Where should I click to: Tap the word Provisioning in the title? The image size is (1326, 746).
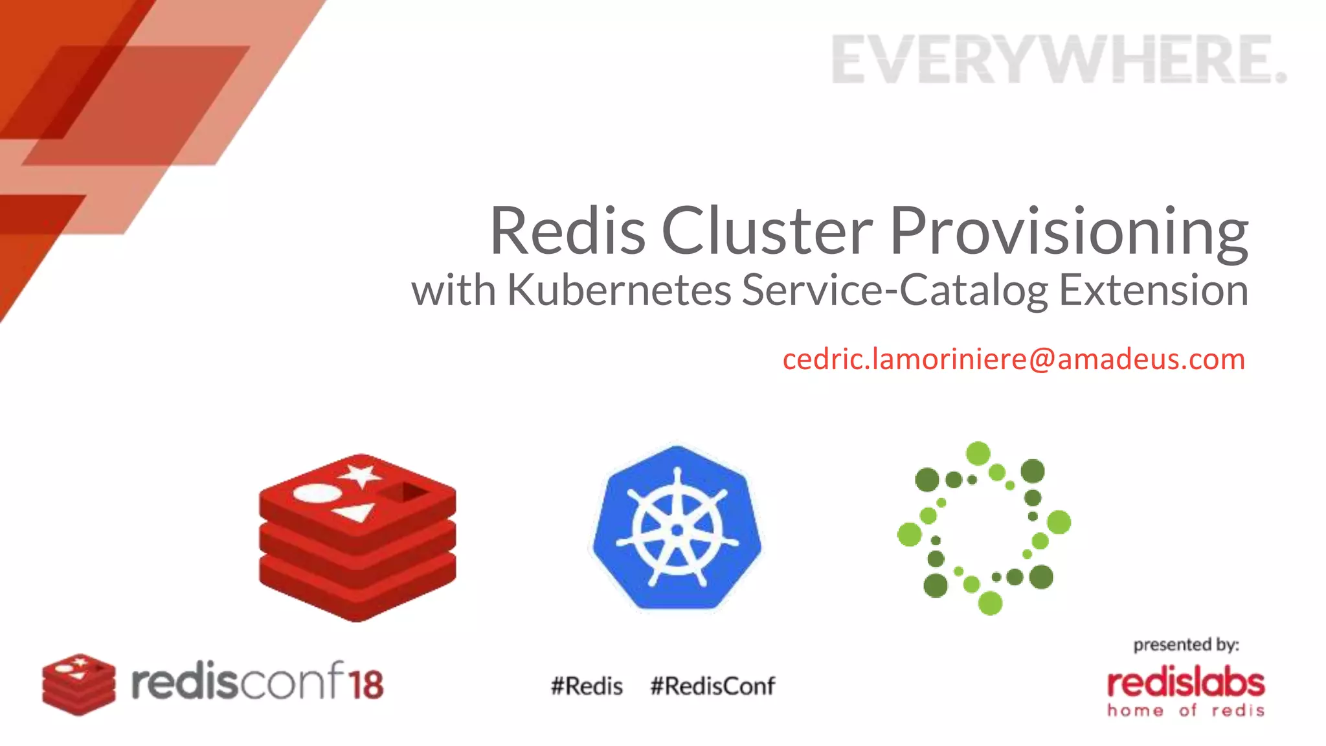tap(1068, 232)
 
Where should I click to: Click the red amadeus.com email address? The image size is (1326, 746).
tap(1013, 359)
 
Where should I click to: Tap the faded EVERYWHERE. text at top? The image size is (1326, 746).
tap(1059, 60)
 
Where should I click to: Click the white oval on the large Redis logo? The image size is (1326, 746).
tap(317, 494)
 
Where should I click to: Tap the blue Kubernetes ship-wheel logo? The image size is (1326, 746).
tap(677, 528)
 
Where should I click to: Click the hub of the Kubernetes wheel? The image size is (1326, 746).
tap(677, 530)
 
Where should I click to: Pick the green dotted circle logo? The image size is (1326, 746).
tap(983, 528)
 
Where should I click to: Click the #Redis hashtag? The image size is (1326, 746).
tap(587, 686)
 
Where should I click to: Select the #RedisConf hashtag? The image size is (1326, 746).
tap(712, 686)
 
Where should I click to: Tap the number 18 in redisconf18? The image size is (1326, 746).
tap(366, 684)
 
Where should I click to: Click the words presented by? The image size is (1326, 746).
tap(1186, 645)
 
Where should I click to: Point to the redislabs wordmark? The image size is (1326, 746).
tap(1186, 684)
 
